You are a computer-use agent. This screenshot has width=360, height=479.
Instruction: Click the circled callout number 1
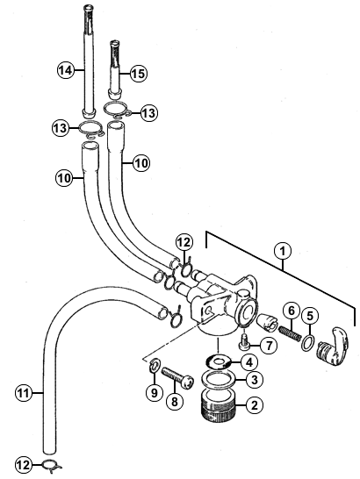(283, 252)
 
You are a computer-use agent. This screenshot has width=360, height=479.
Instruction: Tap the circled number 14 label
(66, 70)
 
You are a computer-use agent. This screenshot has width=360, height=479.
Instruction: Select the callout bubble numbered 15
(139, 74)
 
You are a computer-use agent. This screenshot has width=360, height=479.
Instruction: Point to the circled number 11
(24, 393)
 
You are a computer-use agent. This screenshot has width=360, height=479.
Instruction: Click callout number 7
(269, 346)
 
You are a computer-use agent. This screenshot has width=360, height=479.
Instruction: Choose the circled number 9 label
(154, 392)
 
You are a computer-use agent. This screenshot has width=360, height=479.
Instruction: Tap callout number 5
(310, 316)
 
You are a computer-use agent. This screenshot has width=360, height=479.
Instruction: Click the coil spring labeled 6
(290, 334)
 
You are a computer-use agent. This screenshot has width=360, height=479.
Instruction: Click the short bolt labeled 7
(243, 342)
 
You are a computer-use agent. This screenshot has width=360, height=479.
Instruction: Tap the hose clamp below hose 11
(52, 465)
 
